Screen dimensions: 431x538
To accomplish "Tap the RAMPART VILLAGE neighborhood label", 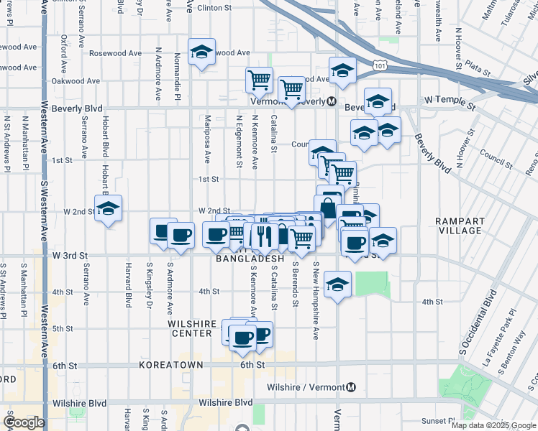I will pyautogui.click(x=460, y=225).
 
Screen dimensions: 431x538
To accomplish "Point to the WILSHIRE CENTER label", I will pyautogui.click(x=192, y=329).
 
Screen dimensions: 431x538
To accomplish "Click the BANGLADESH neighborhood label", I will pyautogui.click(x=250, y=258).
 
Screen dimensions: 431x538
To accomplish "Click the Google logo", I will pyautogui.click(x=24, y=422).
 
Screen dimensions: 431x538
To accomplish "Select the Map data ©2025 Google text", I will pyautogui.click(x=493, y=425).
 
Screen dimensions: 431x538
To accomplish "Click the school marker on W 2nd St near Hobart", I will pyautogui.click(x=109, y=209).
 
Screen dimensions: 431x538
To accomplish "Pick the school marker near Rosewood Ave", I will pyautogui.click(x=201, y=52).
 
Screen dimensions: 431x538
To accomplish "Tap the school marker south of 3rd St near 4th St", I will pyautogui.click(x=337, y=284).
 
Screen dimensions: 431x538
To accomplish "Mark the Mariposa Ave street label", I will pyautogui.click(x=206, y=139).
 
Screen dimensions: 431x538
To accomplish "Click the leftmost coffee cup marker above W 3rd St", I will pyautogui.click(x=163, y=231).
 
